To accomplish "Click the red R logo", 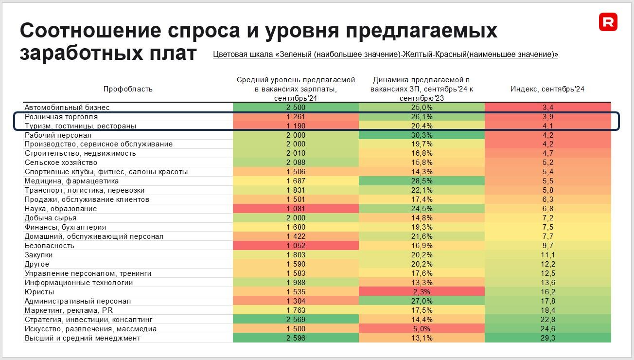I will click(x=608, y=22).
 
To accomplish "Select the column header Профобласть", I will click(x=128, y=89).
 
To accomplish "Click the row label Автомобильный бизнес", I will click(x=67, y=108).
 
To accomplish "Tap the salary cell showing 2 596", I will click(x=296, y=338).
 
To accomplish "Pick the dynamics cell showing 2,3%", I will click(x=422, y=292).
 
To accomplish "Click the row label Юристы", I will click(x=39, y=292).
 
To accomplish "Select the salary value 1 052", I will click(x=296, y=246).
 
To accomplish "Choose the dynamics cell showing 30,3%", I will click(x=422, y=135).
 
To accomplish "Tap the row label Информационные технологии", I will click(x=79, y=283).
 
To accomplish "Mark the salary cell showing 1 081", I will click(x=296, y=209).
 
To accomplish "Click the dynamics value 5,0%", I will click(x=422, y=329).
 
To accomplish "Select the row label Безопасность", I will click(x=49, y=246).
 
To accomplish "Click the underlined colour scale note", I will click(x=385, y=54).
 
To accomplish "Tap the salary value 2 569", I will click(x=296, y=320).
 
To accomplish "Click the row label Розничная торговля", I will click(x=61, y=117).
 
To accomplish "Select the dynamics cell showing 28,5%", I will click(x=422, y=181).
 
